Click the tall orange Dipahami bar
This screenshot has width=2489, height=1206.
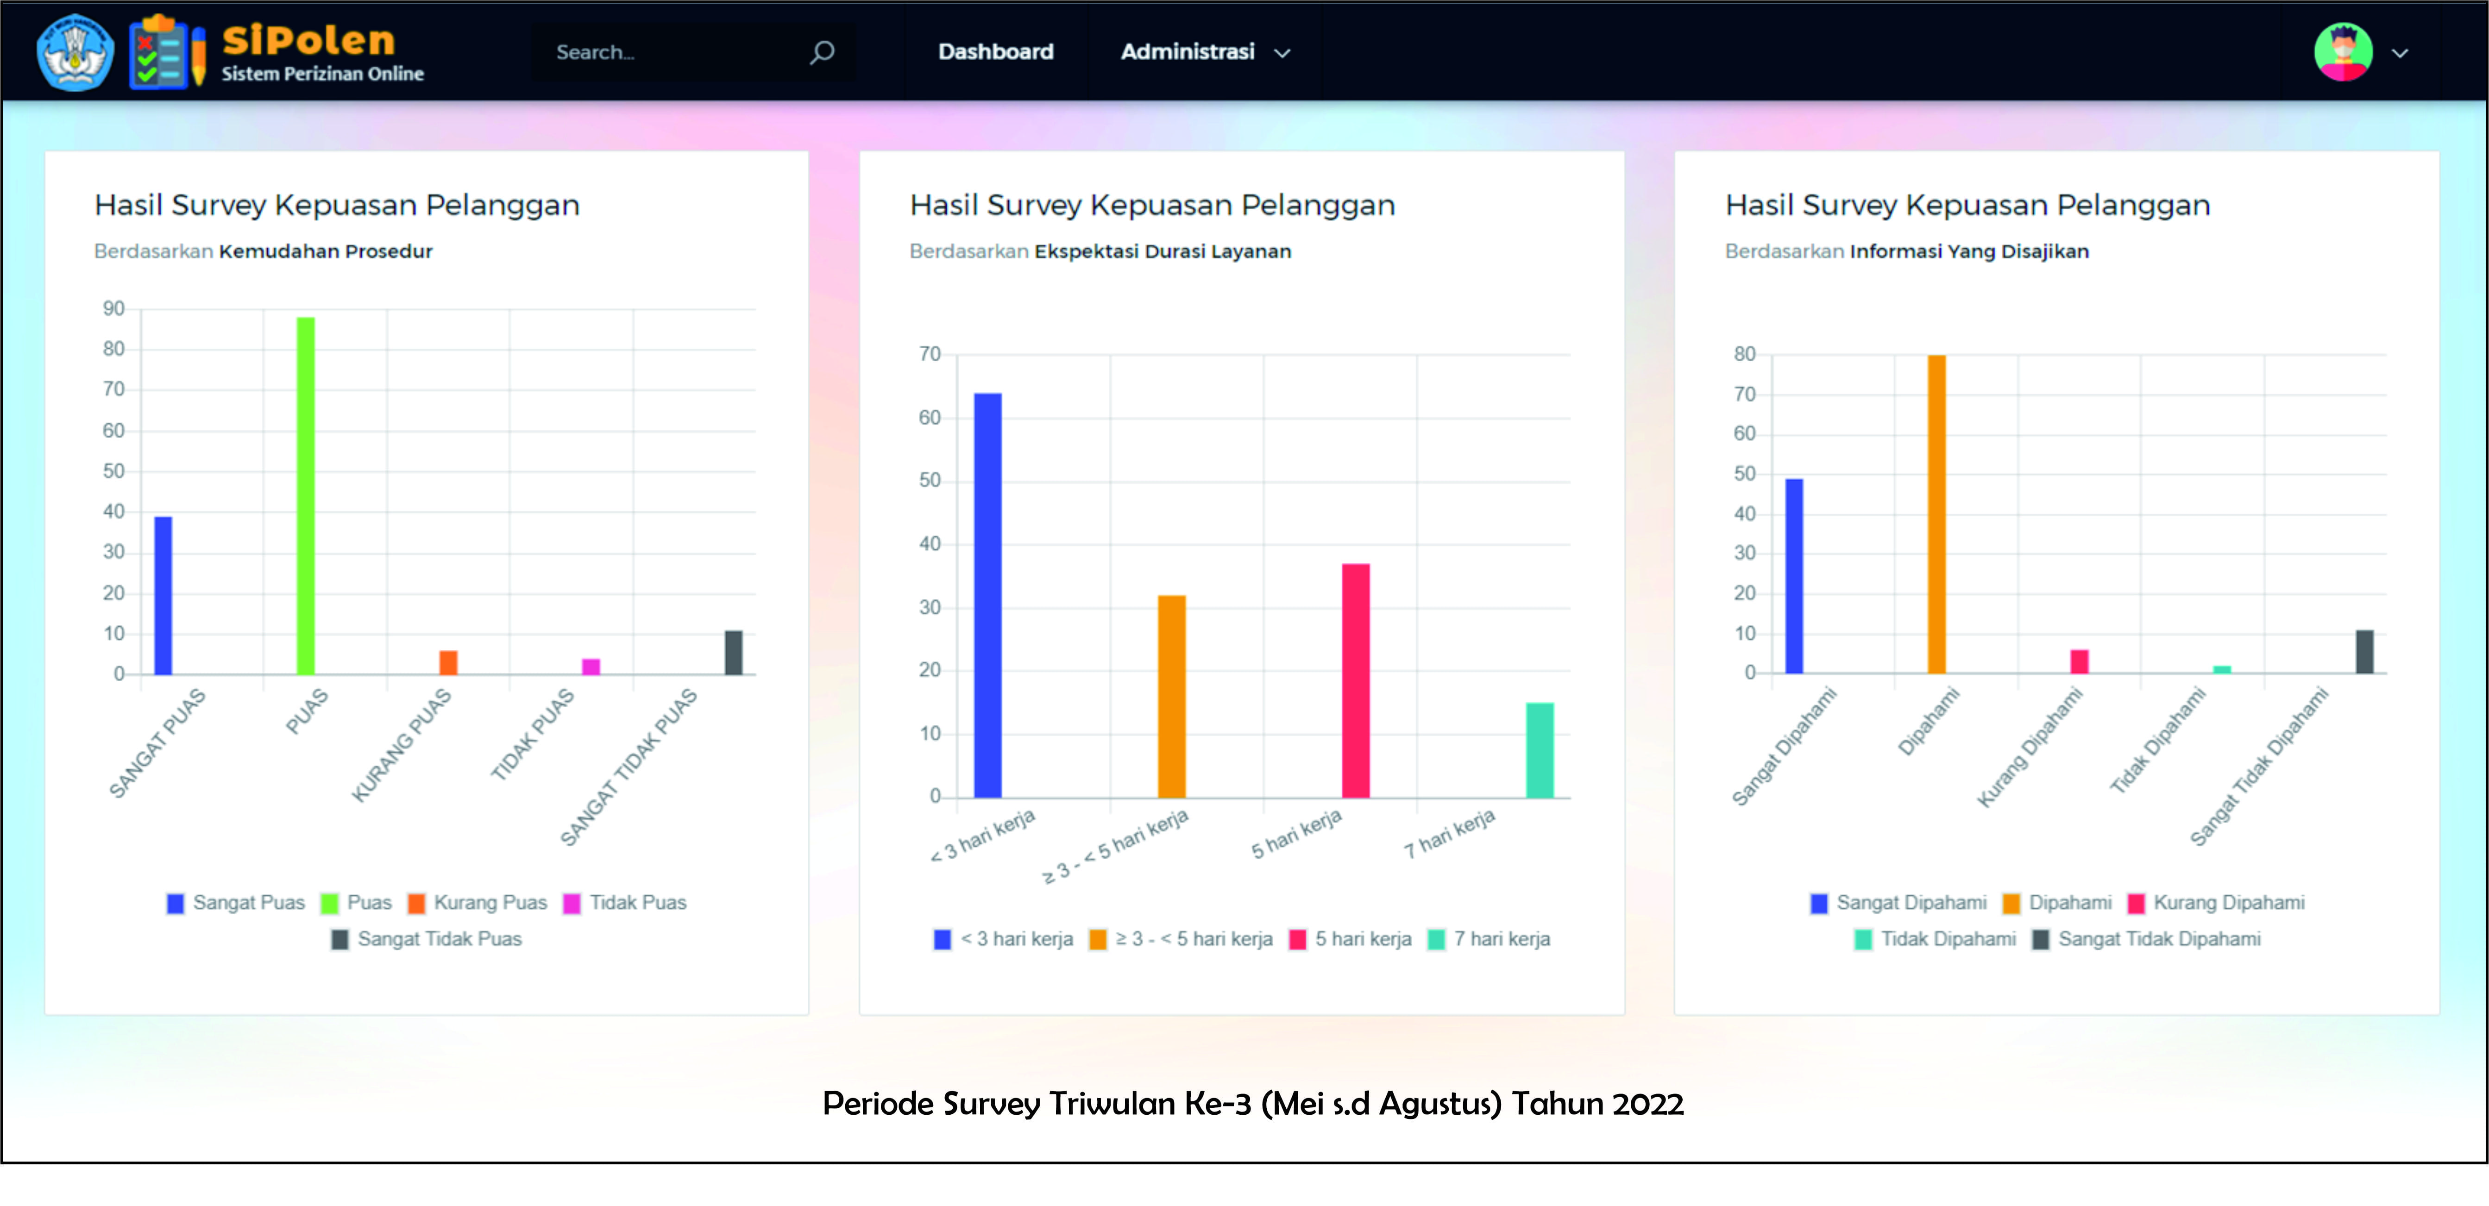coord(1936,514)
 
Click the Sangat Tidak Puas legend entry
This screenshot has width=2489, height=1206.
coord(427,939)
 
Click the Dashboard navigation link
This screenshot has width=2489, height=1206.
coord(995,52)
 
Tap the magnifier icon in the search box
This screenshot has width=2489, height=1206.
coord(821,52)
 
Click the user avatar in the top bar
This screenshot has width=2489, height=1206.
coord(2342,52)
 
